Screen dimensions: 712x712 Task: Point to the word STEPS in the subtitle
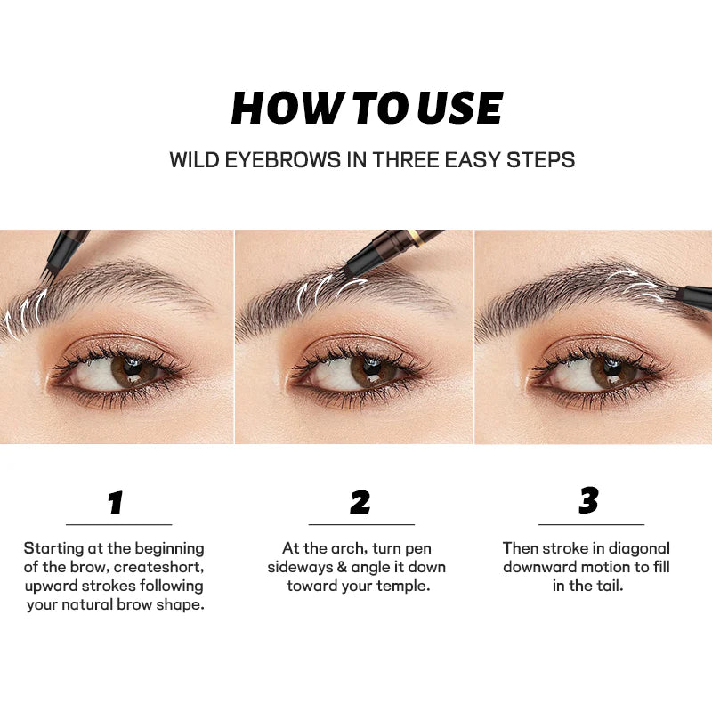542,160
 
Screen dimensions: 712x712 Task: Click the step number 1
115,503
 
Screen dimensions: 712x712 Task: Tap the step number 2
360,503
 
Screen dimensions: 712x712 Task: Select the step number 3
588,501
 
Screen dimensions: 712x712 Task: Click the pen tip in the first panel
45,268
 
